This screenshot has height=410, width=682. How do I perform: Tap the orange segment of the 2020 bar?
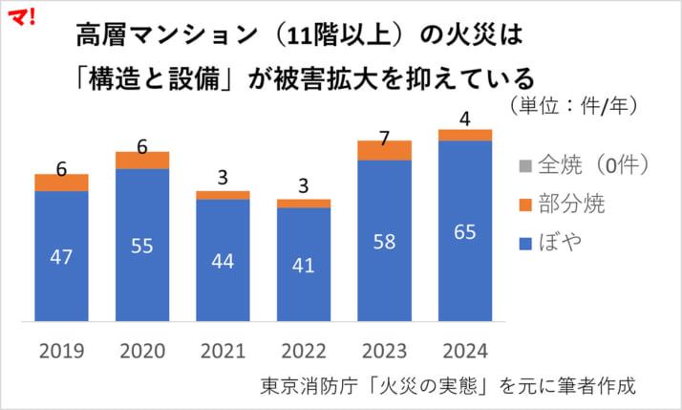point(142,160)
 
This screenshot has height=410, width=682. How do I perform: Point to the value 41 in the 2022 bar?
point(304,266)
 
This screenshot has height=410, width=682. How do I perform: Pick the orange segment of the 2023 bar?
point(384,149)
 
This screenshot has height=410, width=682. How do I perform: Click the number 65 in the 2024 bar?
point(465,233)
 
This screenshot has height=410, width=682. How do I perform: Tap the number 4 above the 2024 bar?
point(465,119)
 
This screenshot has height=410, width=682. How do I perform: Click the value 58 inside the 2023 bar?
point(384,242)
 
